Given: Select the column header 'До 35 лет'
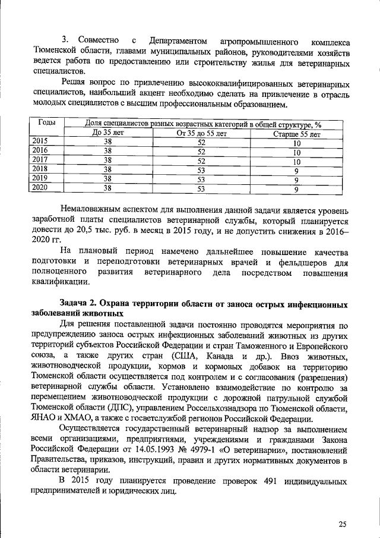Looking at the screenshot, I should [x=107, y=134].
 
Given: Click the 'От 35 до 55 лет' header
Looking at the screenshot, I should [x=202, y=134].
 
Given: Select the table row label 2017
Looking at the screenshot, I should [x=39, y=159].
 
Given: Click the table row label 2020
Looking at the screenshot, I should [x=39, y=188].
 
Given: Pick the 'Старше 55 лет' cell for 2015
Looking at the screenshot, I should [x=296, y=143].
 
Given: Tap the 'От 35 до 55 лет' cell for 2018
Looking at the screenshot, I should [x=201, y=170].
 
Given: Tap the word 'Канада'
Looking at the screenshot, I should [x=220, y=356].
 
